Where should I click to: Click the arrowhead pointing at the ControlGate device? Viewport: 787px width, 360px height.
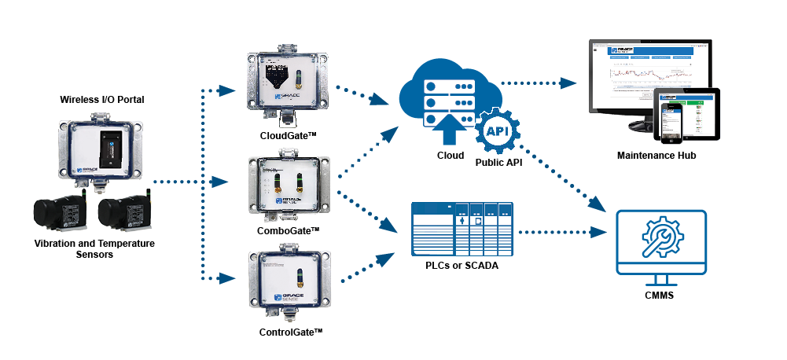click(x=228, y=278)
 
